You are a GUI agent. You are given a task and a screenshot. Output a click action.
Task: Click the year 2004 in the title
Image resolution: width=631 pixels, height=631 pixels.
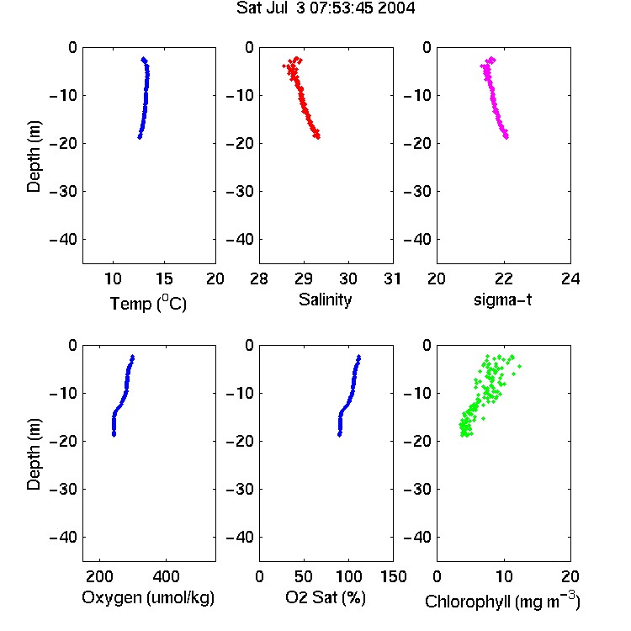[x=396, y=8]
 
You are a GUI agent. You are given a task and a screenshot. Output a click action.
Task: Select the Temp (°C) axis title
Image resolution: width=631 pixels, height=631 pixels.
[x=148, y=303]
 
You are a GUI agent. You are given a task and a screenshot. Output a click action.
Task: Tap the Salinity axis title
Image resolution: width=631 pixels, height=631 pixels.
[x=325, y=300]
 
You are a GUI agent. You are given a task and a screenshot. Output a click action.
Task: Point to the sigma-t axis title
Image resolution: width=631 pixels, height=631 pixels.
[x=502, y=300]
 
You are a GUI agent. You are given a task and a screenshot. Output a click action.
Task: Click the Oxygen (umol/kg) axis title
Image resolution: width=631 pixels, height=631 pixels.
[x=148, y=597]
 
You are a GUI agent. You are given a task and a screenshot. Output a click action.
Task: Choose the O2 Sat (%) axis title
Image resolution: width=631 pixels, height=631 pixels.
[x=326, y=597]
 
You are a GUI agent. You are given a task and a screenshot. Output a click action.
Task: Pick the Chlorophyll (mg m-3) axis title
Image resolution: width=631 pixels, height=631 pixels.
[x=502, y=601]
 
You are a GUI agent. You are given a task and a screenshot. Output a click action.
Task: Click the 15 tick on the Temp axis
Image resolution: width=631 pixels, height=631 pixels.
[x=164, y=278]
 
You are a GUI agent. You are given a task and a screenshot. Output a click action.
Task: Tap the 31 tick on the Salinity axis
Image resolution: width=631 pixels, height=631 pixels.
[x=392, y=278]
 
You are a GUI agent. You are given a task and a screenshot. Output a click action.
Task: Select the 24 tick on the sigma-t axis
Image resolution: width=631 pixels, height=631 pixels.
[x=570, y=278]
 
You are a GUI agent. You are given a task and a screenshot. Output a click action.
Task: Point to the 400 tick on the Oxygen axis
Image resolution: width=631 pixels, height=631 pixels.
[x=167, y=576]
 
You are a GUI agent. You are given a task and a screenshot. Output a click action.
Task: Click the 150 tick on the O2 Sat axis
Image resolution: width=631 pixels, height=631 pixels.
[x=394, y=576]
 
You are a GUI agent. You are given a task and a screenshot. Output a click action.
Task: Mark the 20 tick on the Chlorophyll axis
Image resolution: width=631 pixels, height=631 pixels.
[x=570, y=576]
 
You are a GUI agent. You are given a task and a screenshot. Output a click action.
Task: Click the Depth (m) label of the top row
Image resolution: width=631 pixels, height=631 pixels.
[x=34, y=156]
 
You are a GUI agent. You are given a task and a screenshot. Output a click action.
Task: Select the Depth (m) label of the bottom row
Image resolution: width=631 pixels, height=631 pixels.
[x=34, y=454]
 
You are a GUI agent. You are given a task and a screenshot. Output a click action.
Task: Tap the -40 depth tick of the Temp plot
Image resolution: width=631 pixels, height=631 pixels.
[x=63, y=240]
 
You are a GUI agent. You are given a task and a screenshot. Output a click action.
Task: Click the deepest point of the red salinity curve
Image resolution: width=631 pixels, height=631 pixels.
[x=318, y=137]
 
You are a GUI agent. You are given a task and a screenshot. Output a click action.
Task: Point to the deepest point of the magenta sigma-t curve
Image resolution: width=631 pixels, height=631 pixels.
[x=506, y=137]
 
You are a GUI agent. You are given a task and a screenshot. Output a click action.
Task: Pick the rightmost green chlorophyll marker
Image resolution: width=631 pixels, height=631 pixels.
[x=520, y=366]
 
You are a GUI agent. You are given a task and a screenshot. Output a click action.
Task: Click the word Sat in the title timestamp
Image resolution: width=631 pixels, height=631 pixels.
[x=247, y=8]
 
